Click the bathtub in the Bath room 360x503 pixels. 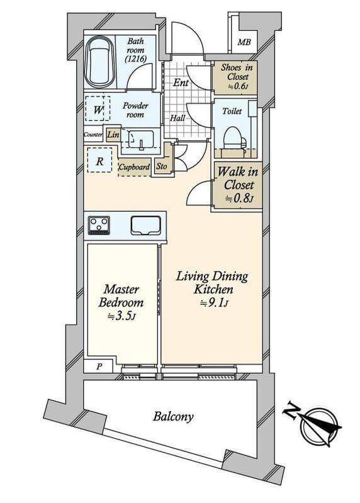100,62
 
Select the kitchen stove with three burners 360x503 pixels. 99,225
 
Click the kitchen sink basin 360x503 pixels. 145,225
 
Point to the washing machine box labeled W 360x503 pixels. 98,109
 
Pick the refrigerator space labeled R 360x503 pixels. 99,160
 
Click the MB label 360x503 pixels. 244,42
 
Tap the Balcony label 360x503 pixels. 174,417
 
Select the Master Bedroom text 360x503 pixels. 121,296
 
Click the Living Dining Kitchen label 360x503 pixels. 212,282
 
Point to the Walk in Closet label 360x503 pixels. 238,179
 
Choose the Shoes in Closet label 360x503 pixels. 237,72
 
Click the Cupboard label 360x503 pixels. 134,167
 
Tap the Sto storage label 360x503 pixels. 162,166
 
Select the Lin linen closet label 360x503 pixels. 113,135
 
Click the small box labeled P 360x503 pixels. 99,367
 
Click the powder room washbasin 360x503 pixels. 141,139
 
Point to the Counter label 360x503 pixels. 93,135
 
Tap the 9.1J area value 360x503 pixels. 214,303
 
